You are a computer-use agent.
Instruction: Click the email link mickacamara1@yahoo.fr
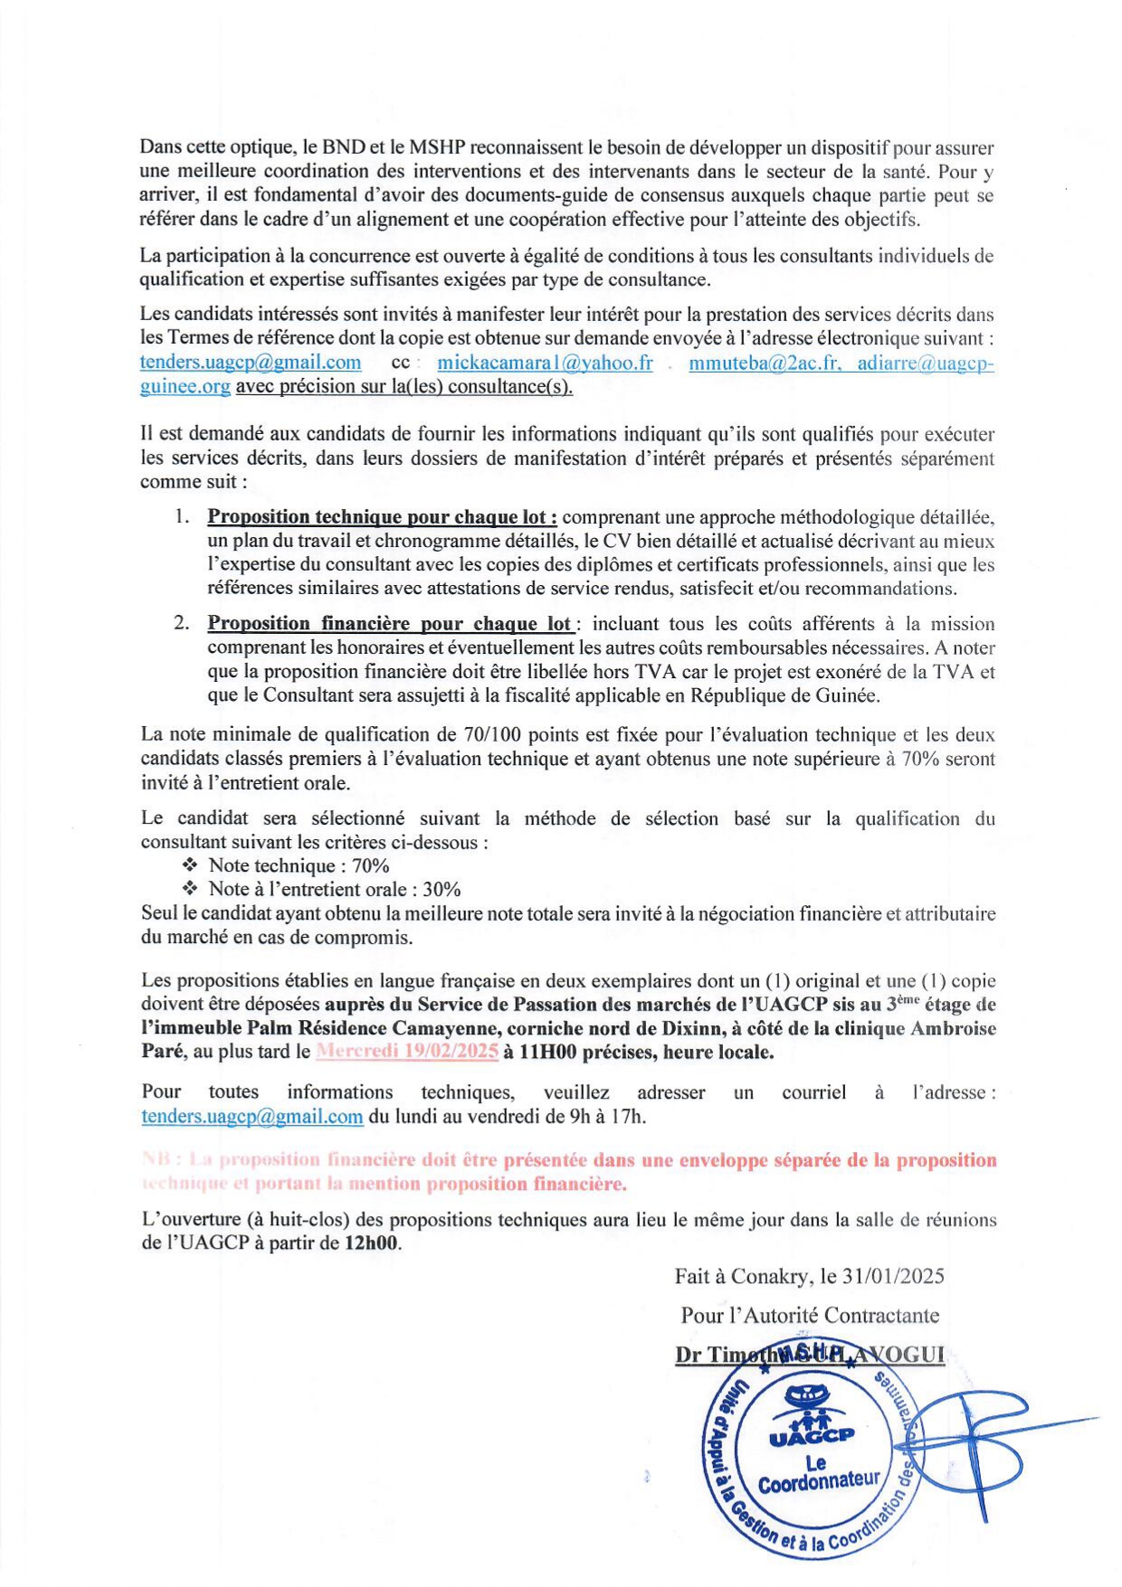545,363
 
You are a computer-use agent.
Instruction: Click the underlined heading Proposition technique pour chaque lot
382,517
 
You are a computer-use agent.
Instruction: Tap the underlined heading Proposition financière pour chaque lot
389,624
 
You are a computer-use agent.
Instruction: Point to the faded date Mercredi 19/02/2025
407,1052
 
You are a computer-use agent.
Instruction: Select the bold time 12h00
371,1242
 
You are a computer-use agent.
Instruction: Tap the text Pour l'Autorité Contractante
810,1315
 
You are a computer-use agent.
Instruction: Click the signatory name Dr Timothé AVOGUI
810,1355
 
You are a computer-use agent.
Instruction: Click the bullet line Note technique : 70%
299,866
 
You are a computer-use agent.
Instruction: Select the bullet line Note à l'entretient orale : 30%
335,890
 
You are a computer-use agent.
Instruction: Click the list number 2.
182,624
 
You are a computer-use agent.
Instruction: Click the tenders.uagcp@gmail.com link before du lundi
252,1116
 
